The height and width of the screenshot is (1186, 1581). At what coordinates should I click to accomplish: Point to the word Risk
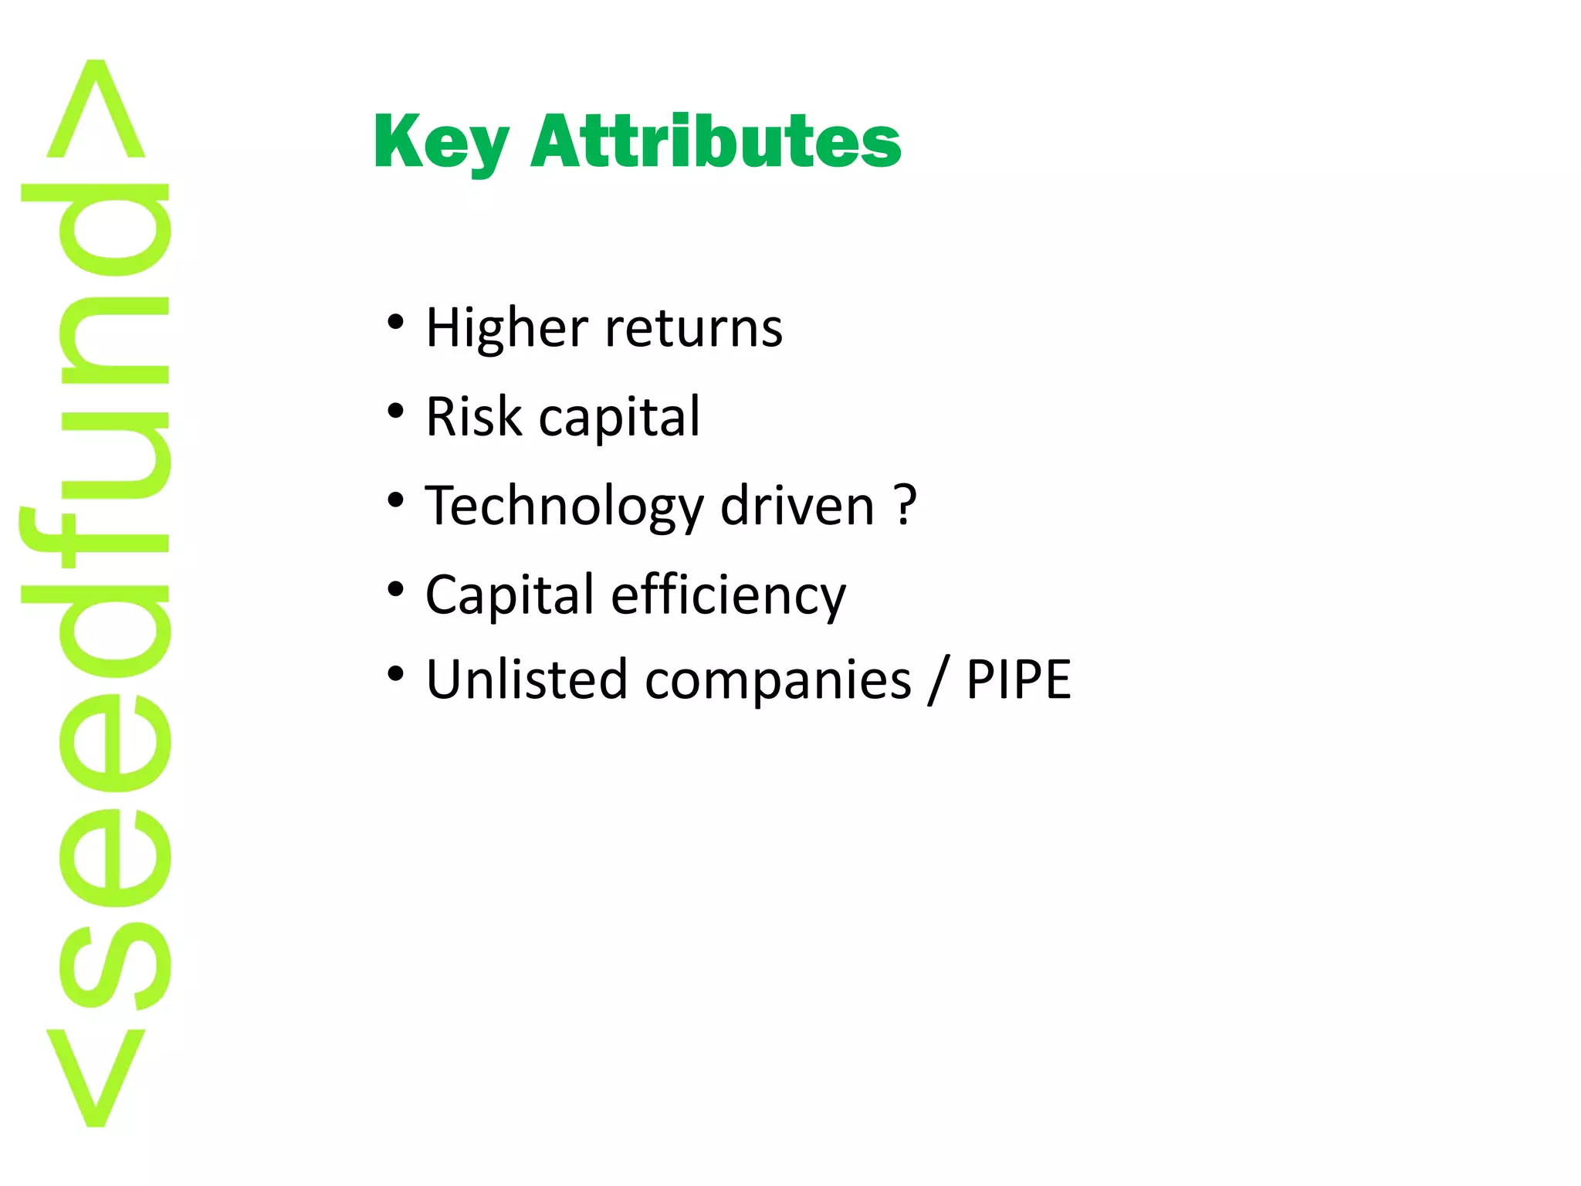(473, 417)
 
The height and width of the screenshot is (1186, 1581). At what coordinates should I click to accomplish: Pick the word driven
(797, 506)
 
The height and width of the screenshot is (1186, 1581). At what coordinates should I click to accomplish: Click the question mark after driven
(906, 505)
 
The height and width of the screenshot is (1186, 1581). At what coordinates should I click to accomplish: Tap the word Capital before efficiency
(510, 595)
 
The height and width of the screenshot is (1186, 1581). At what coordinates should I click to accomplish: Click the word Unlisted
(526, 679)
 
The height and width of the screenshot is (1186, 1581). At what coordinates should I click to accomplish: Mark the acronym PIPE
(1018, 679)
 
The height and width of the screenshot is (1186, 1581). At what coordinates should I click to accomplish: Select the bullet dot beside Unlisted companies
(396, 674)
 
